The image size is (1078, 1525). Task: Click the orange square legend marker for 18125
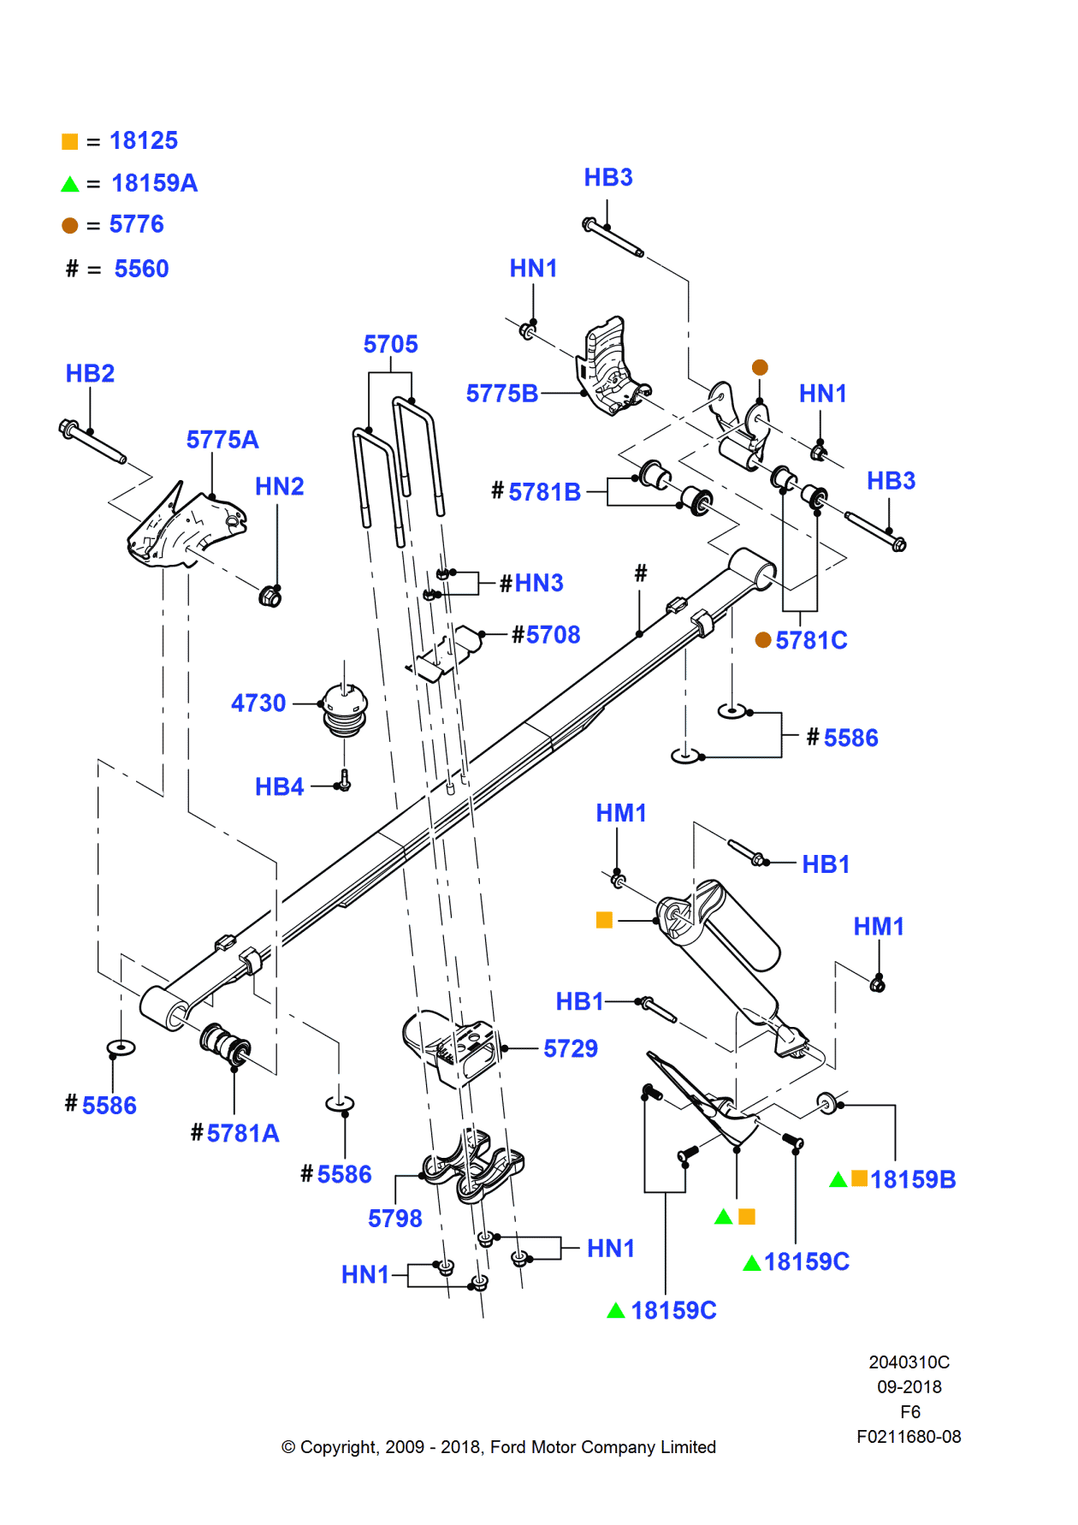[70, 141]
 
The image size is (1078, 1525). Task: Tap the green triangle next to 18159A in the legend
[70, 184]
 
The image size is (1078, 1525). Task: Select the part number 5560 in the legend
[141, 269]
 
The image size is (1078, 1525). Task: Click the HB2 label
[90, 373]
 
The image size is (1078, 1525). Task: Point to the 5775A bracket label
[222, 439]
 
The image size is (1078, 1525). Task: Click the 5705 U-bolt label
[390, 344]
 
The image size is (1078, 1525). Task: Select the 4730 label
[258, 703]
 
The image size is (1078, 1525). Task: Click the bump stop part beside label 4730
[345, 709]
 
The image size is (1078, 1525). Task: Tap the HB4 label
[279, 786]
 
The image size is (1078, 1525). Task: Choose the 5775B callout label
[502, 394]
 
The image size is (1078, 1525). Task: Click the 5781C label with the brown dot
[810, 640]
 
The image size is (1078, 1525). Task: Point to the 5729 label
[571, 1048]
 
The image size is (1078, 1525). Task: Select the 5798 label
[394, 1218]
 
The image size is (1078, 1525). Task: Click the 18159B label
[912, 1179]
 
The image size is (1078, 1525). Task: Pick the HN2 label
[280, 486]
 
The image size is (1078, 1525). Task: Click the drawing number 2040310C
[909, 1362]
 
